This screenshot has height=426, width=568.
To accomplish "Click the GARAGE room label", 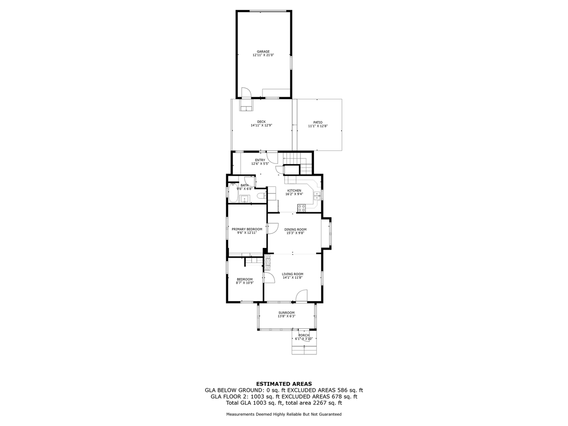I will pyautogui.click(x=263, y=52).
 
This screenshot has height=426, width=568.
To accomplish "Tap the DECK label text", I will pyautogui.click(x=261, y=122).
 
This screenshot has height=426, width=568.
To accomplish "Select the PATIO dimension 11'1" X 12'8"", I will pyautogui.click(x=318, y=126).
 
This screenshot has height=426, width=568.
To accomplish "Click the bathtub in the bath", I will pyautogui.click(x=233, y=193).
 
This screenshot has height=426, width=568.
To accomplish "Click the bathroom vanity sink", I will pyautogui.click(x=244, y=198).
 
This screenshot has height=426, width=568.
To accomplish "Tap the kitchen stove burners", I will pyautogui.click(x=301, y=208).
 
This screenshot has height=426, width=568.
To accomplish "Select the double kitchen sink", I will pyautogui.click(x=317, y=196).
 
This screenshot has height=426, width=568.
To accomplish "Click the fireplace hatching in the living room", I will pyautogui.click(x=268, y=262).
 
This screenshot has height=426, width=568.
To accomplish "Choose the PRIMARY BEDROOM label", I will pyautogui.click(x=247, y=229).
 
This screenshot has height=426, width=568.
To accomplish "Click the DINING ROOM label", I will pyautogui.click(x=295, y=230).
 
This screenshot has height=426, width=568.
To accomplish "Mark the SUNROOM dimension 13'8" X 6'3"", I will pyautogui.click(x=286, y=316).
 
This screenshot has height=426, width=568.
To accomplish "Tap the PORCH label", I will pyautogui.click(x=304, y=335).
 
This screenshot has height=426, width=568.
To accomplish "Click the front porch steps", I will pyautogui.click(x=304, y=350).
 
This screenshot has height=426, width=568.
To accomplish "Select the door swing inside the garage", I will pyautogui.click(x=246, y=92).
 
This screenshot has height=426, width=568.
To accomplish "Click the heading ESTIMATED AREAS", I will pyautogui.click(x=284, y=383).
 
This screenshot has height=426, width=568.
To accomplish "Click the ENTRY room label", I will pyautogui.click(x=260, y=160).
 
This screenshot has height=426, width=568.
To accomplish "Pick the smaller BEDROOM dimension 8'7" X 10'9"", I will pyautogui.click(x=245, y=282).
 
